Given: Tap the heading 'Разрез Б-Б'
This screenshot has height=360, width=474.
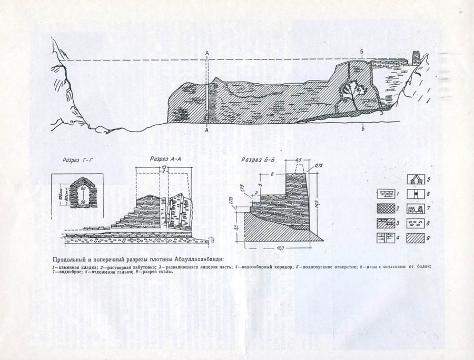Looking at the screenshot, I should (x=256, y=159).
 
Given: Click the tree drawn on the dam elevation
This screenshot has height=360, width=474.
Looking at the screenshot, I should (x=350, y=94).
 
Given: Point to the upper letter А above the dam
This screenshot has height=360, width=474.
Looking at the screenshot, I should (x=208, y=53).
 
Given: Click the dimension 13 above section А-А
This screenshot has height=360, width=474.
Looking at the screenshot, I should (x=164, y=167).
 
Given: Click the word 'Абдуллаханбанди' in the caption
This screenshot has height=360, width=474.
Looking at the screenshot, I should (x=195, y=258).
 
